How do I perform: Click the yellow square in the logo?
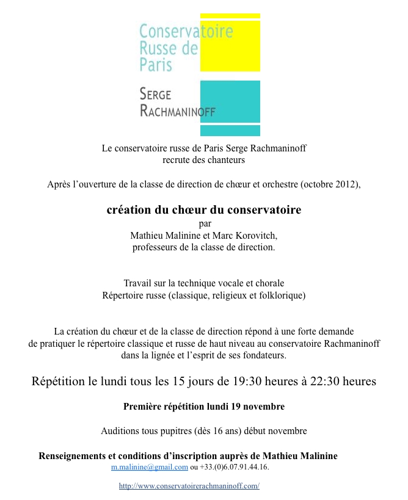(x=230, y=45)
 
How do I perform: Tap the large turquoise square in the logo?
(x=230, y=101)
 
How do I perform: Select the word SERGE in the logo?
(x=156, y=94)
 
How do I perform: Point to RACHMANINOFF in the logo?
(x=177, y=111)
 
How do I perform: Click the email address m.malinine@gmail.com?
(x=149, y=467)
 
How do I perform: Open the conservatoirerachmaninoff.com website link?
(x=189, y=486)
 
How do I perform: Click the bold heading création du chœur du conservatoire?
(x=204, y=210)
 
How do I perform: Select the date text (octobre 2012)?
(x=331, y=184)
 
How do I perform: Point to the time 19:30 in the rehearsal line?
(x=252, y=382)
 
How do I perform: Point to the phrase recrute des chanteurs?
(x=203, y=160)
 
